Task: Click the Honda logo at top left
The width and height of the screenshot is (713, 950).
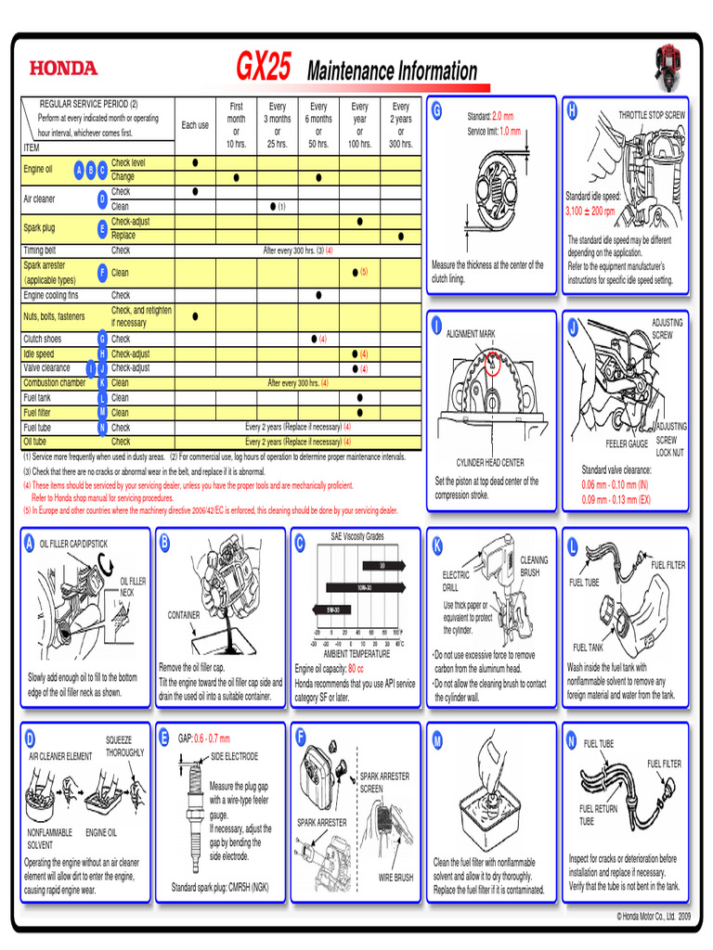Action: (62, 68)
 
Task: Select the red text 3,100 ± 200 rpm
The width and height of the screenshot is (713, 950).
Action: (590, 211)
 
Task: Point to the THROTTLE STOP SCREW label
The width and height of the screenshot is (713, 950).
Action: (652, 115)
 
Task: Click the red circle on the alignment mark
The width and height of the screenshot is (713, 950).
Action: (491, 364)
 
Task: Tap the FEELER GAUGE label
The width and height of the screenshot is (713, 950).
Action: (627, 443)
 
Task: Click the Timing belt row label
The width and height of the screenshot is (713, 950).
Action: (40, 250)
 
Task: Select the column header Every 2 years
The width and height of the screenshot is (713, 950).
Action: (401, 125)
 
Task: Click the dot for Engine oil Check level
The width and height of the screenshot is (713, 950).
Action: (195, 162)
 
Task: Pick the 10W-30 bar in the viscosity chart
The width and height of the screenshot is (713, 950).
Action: (365, 587)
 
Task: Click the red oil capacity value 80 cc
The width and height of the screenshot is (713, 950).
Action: (356, 668)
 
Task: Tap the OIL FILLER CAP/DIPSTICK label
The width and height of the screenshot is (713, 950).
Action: (73, 543)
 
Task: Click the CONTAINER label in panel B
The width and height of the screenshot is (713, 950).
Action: (184, 614)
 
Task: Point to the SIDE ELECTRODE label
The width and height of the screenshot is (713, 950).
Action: (235, 756)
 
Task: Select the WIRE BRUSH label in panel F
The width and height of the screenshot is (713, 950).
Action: (395, 877)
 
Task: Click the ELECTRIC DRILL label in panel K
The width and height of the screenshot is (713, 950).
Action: (456, 581)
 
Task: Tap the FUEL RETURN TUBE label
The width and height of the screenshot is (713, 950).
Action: (598, 815)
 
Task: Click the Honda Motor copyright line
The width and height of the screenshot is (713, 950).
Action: (655, 916)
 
